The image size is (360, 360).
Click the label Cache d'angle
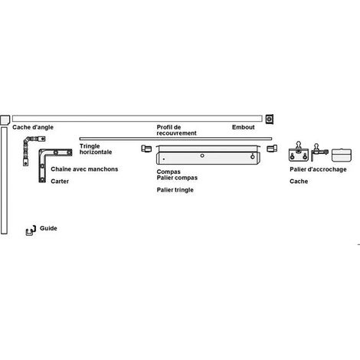click(33, 127)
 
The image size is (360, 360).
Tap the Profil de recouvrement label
click(176, 130)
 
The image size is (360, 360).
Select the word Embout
click(244, 127)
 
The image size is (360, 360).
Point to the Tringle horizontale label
click(96, 149)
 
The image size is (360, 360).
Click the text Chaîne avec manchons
click(84, 169)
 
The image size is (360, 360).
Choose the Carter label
click(60, 182)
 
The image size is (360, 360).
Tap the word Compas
click(169, 172)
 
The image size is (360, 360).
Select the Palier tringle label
click(175, 190)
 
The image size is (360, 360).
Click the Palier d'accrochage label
click(318, 169)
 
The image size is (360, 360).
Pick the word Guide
click(48, 228)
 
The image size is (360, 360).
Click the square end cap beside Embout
click(269, 119)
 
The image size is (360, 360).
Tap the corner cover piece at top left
click(5, 119)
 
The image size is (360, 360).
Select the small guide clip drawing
click(31, 231)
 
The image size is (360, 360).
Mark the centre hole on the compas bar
click(202, 155)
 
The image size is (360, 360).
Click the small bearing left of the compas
click(146, 149)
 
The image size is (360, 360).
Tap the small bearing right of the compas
click(272, 149)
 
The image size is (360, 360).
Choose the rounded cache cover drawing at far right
click(342, 155)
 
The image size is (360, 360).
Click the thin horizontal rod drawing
click(175, 139)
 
